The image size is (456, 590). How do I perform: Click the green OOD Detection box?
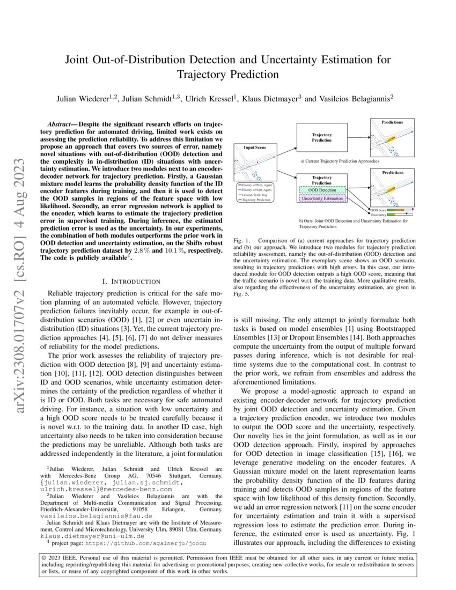tap(323, 190)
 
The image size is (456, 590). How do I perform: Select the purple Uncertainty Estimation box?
tap(323, 198)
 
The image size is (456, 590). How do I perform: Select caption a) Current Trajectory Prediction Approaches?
tap(339, 160)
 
